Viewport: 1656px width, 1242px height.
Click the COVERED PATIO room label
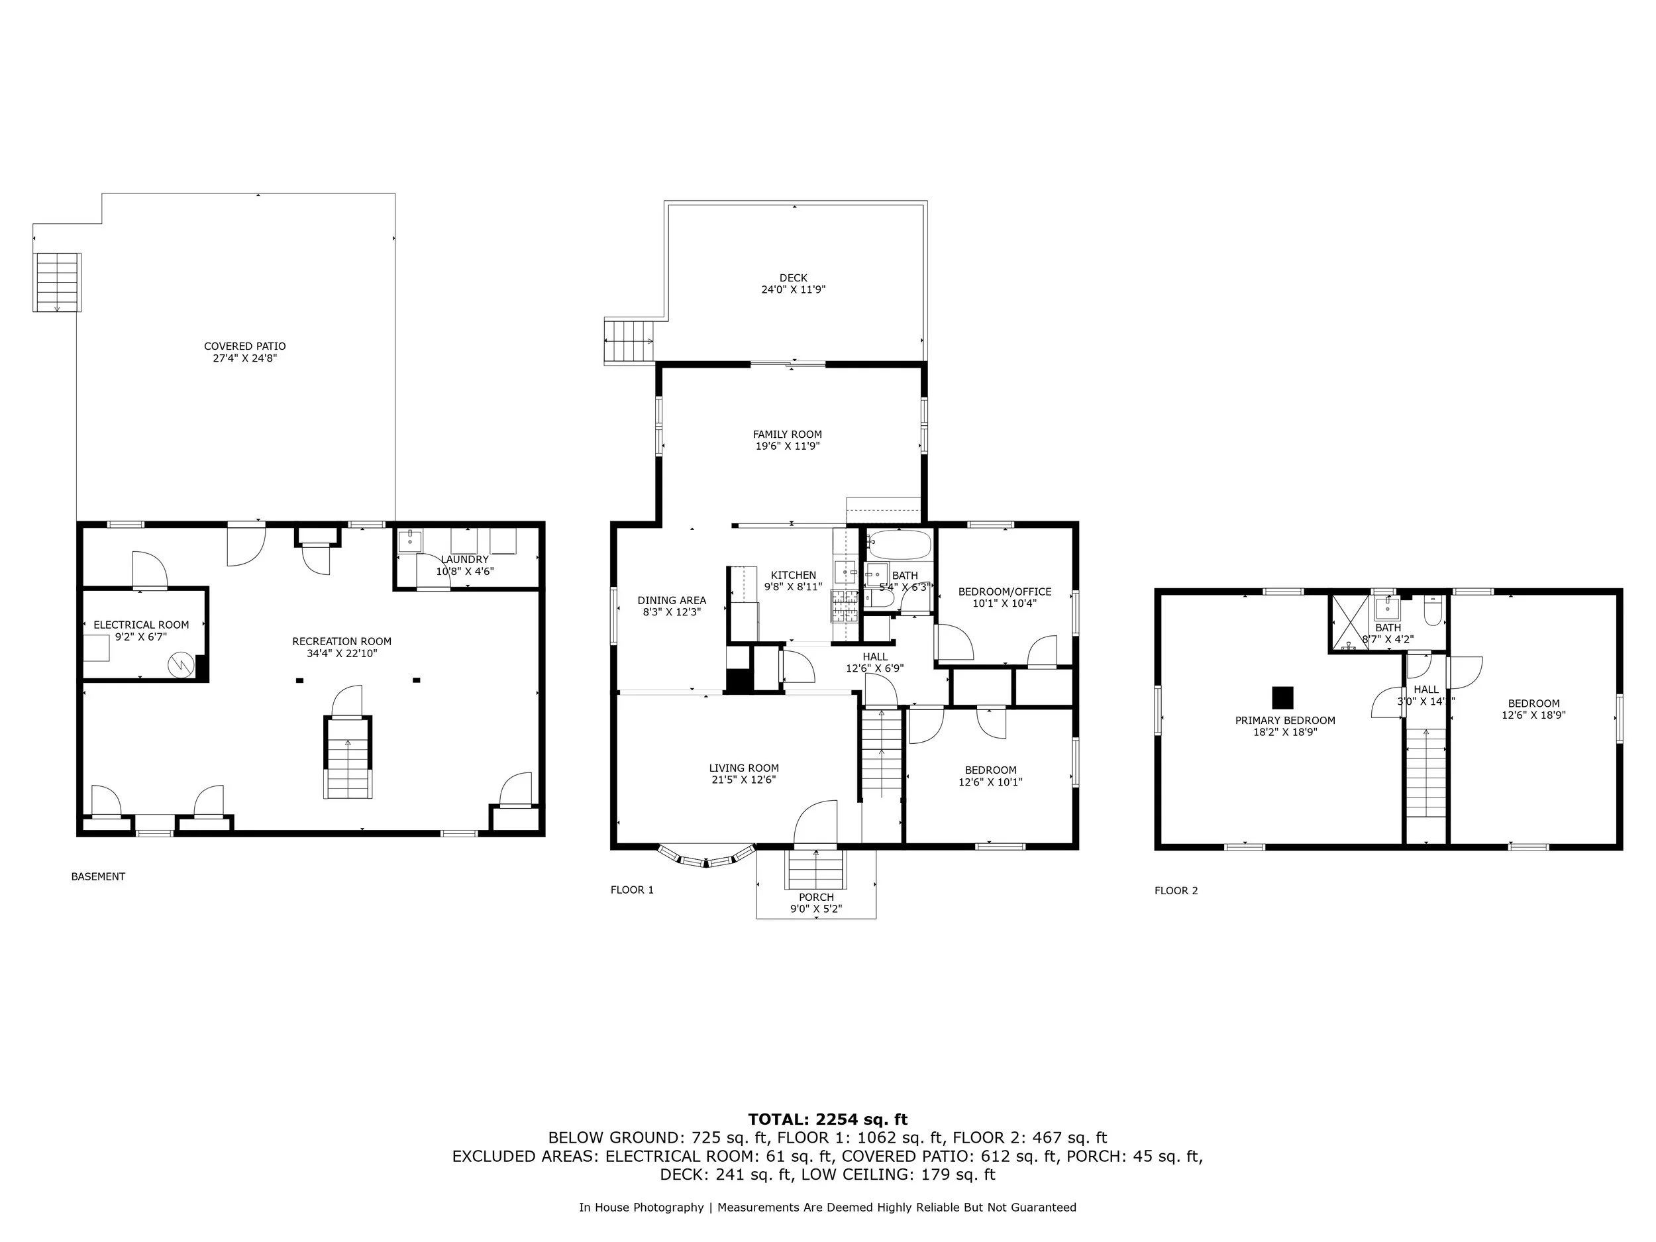tap(245, 352)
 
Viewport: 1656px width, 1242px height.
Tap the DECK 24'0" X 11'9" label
tap(793, 284)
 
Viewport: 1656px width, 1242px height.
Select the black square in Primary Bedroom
tap(1282, 698)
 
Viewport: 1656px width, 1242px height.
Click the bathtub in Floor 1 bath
tap(899, 545)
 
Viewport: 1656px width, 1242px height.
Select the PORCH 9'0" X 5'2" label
tap(816, 903)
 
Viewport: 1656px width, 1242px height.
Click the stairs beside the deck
tap(629, 341)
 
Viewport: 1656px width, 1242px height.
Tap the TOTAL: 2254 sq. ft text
tap(827, 1119)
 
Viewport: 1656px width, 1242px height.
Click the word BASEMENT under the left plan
tap(98, 876)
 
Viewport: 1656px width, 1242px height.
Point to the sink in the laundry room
tap(410, 541)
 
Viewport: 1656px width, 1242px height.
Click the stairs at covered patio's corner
tap(58, 282)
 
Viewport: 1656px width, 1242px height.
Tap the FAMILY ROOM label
tap(787, 439)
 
